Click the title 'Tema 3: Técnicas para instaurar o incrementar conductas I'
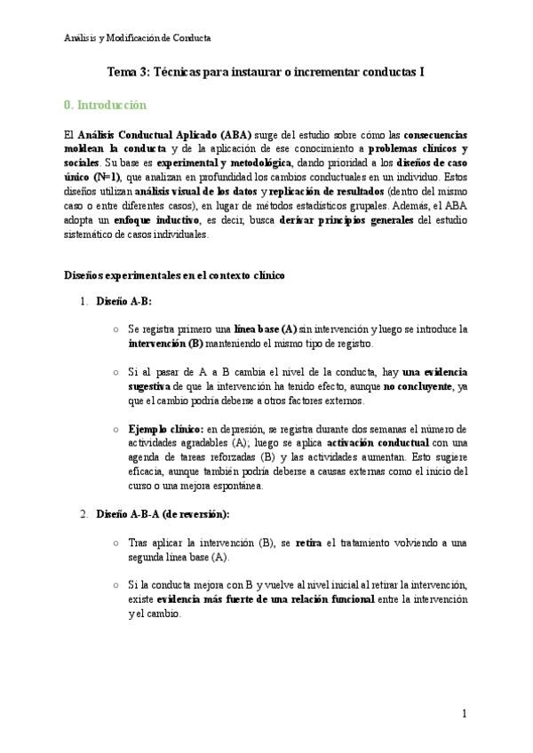[266, 74]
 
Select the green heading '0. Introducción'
[105, 105]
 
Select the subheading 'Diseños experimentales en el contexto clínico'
[174, 276]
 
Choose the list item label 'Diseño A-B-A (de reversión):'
[163, 513]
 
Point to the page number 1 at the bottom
[465, 714]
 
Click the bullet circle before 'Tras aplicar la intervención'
[116, 542]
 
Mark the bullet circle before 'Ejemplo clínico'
[116, 429]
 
